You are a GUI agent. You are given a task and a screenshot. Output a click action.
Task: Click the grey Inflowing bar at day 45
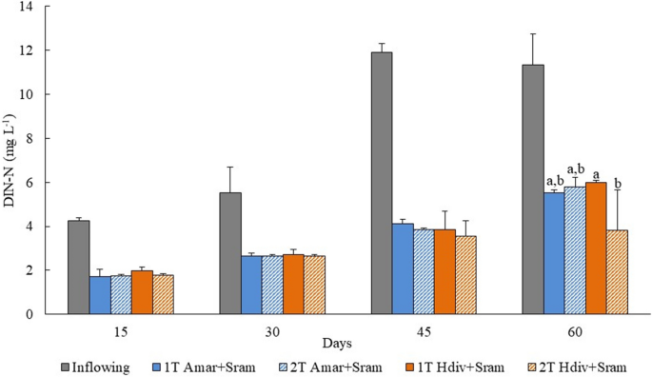coord(382,183)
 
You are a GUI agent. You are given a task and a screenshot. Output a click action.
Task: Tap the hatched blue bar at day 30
coord(272,285)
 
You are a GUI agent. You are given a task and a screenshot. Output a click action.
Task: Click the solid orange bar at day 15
coord(142,292)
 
